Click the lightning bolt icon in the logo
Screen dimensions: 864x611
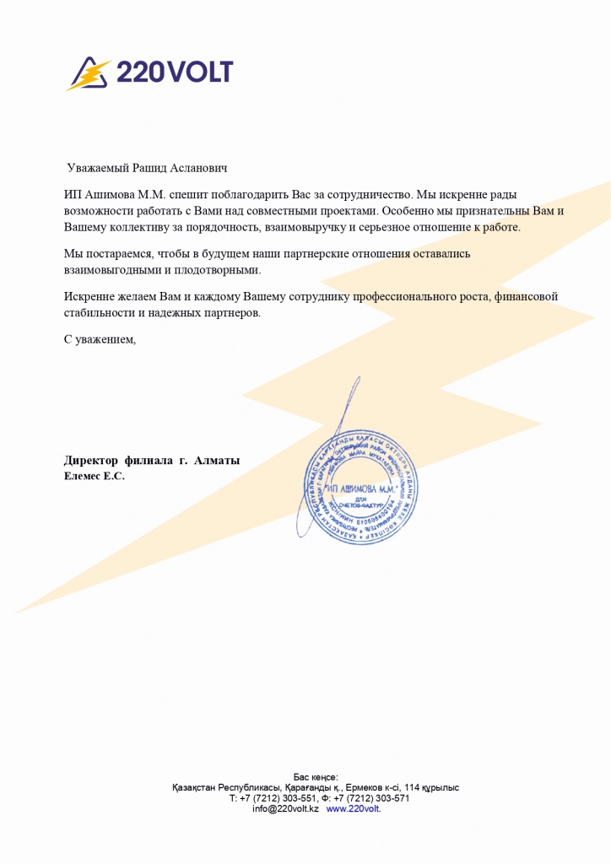coord(89,74)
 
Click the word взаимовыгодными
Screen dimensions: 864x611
coord(106,271)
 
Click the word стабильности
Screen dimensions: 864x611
coord(99,313)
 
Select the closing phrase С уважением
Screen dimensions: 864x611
coord(100,339)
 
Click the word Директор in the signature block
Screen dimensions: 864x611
coord(90,461)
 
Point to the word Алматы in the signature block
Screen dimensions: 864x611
coord(217,461)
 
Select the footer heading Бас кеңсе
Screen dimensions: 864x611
coord(316,776)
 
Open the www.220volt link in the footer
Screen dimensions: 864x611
coord(353,808)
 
